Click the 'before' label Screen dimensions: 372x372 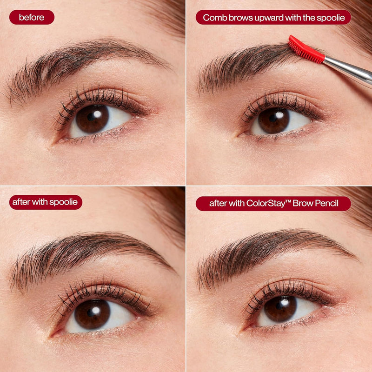32,17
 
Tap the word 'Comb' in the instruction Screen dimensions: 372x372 214,17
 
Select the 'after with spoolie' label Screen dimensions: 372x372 46,202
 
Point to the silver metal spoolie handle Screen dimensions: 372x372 349,69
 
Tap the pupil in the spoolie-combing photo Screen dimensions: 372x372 273,120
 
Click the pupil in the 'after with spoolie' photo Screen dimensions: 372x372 92,313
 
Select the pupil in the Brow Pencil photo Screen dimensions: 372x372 280,308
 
